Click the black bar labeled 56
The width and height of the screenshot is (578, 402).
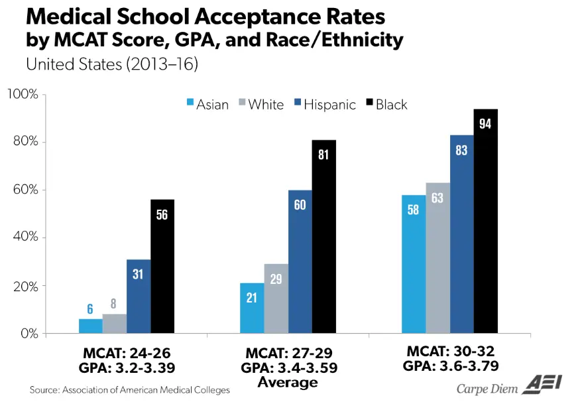coord(162,266)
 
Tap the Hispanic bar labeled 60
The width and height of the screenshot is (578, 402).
coord(300,261)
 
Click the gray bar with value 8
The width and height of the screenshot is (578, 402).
coord(115,324)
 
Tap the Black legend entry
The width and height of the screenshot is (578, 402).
coord(391,104)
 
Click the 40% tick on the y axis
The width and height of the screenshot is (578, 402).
coord(25,238)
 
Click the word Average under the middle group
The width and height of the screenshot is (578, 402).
coord(288,383)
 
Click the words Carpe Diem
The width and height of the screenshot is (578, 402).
coord(481,387)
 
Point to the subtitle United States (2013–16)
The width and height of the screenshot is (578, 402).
coord(111,64)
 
